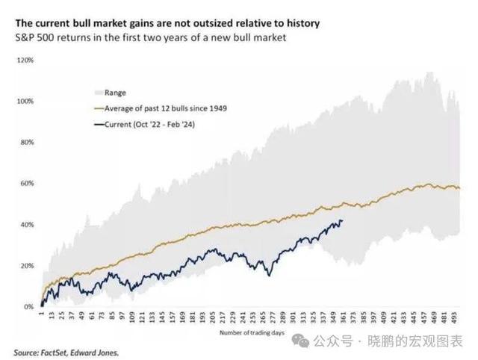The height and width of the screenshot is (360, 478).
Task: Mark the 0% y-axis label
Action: pyautogui.click(x=28, y=307)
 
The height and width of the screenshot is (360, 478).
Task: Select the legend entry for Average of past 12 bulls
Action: pyautogui.click(x=165, y=108)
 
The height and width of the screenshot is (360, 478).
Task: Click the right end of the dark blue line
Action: pyautogui.click(x=342, y=220)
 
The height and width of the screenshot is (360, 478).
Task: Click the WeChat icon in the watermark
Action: pyautogui.click(x=299, y=341)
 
